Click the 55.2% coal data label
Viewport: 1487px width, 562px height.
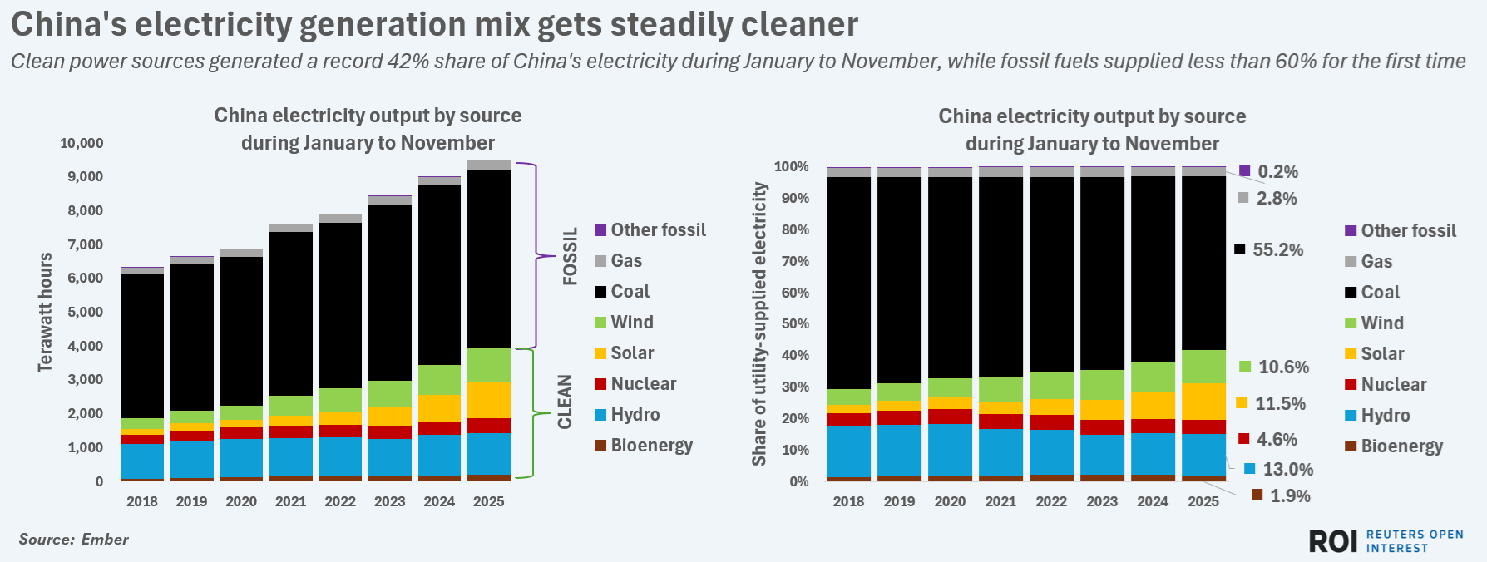tap(1277, 249)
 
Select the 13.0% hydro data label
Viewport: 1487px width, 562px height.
tap(1287, 469)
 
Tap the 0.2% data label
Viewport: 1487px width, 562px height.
tap(1277, 171)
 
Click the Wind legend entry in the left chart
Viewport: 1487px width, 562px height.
tap(631, 322)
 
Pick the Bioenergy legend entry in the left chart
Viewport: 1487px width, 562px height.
tap(651, 445)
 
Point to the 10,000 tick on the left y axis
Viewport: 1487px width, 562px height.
tap(82, 143)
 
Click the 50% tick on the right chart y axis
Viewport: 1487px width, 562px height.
tap(793, 323)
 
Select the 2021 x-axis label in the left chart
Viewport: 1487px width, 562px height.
tap(290, 501)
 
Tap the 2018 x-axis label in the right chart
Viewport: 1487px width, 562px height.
tap(848, 501)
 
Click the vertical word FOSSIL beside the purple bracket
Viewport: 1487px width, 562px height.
tap(570, 256)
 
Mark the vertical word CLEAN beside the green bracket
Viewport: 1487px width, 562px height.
tap(566, 402)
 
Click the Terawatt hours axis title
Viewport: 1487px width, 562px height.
tap(46, 312)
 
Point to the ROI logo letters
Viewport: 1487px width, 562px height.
tap(1333, 541)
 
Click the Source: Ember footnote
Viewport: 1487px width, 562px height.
tap(74, 539)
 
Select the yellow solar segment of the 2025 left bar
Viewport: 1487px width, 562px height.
tap(489, 400)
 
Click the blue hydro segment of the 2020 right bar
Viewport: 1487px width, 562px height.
tap(950, 449)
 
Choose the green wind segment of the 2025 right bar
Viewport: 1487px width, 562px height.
tap(1203, 367)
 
